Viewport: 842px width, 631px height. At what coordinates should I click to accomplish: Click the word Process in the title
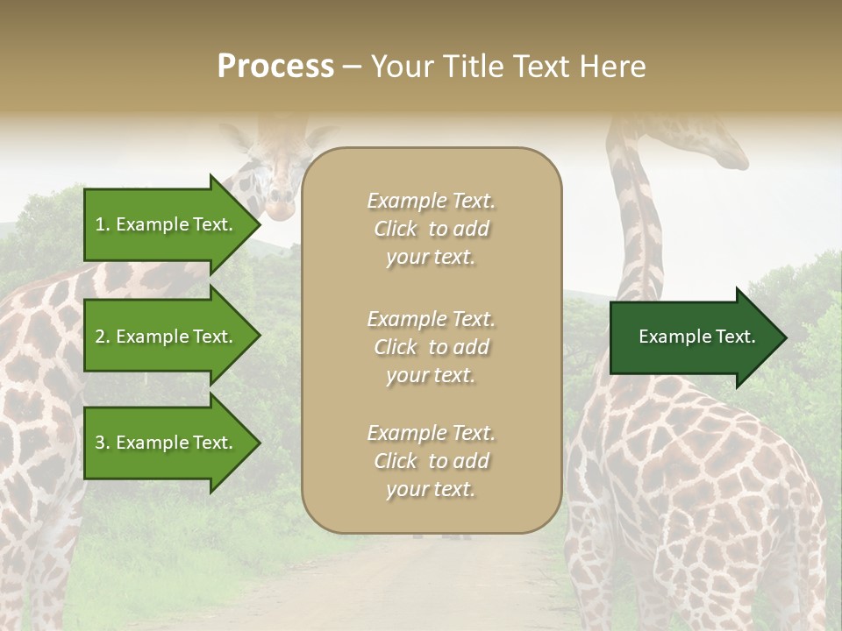275,67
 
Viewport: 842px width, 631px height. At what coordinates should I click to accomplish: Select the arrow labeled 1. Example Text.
167,224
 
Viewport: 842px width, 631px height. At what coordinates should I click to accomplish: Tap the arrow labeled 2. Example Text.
167,337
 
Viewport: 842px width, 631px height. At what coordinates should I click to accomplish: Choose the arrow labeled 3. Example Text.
167,443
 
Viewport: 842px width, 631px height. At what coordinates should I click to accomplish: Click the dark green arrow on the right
693,337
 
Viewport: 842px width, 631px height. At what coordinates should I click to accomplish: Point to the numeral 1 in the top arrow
100,224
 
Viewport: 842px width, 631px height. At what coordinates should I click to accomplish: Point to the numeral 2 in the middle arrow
100,337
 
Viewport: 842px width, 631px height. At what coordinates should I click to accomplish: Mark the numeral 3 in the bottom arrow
100,443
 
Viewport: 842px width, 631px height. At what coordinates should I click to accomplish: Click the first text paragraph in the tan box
431,229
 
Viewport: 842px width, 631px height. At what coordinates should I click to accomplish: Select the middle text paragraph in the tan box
431,347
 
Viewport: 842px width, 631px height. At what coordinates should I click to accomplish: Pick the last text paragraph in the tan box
431,461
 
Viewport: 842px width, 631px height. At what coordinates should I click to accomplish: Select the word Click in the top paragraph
396,229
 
